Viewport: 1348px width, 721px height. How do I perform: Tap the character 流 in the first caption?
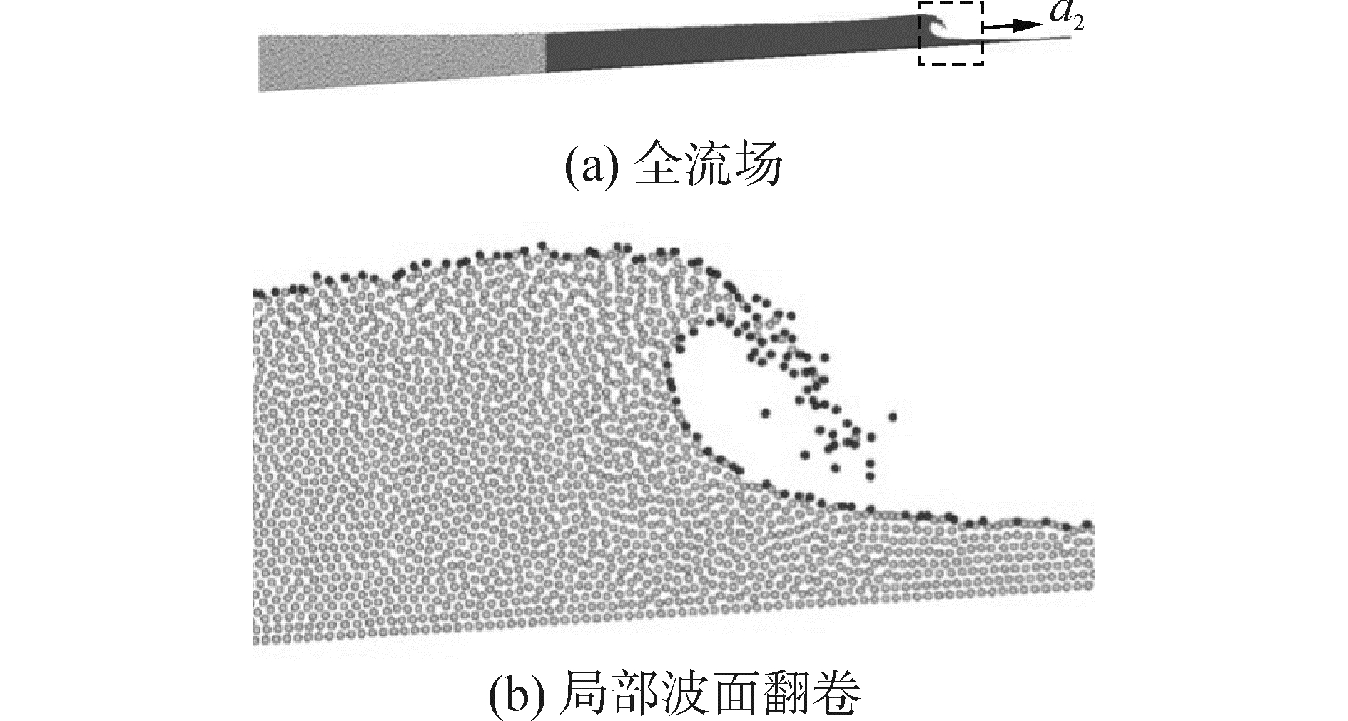(x=708, y=166)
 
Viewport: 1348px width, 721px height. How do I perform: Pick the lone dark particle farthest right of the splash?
(x=892, y=416)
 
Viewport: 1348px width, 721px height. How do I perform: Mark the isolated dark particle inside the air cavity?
(x=766, y=413)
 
